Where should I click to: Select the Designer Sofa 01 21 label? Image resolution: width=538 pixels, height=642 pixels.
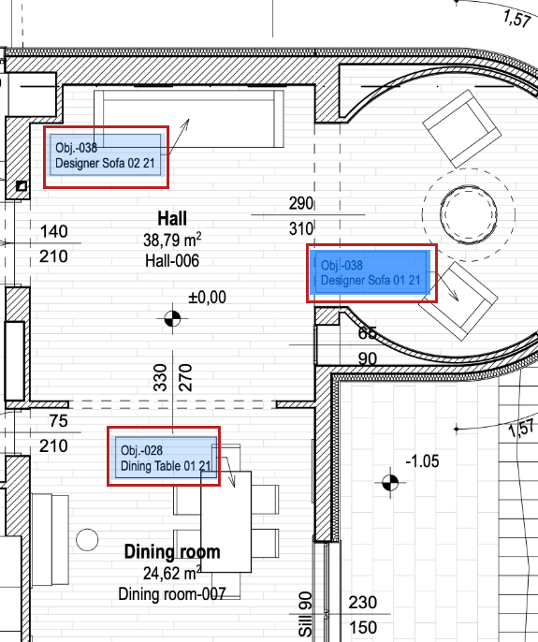pyautogui.click(x=371, y=272)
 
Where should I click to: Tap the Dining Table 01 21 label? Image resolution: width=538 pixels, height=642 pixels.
pyautogui.click(x=166, y=458)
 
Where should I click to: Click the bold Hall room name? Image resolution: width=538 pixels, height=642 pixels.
pyautogui.click(x=172, y=218)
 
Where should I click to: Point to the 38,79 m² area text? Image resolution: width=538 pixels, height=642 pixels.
pyautogui.click(x=172, y=240)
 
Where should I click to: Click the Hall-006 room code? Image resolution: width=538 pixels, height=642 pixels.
pyautogui.click(x=172, y=261)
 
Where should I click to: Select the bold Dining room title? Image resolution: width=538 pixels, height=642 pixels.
pyautogui.click(x=172, y=552)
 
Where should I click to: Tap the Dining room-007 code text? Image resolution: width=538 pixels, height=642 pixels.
pyautogui.click(x=172, y=594)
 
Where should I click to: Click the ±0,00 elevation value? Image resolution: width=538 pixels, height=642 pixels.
pyautogui.click(x=207, y=298)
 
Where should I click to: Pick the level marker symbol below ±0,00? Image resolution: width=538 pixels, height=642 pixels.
pyautogui.click(x=172, y=318)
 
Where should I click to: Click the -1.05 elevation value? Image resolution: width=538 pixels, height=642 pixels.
pyautogui.click(x=422, y=461)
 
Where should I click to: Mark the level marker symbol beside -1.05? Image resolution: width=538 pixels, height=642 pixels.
pyautogui.click(x=390, y=483)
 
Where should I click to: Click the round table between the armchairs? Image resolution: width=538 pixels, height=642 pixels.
pyautogui.click(x=469, y=214)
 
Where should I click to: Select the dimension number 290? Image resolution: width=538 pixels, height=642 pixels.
pyautogui.click(x=301, y=203)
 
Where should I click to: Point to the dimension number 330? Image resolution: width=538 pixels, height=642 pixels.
pyautogui.click(x=160, y=377)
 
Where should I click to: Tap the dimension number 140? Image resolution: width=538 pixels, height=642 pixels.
pyautogui.click(x=53, y=232)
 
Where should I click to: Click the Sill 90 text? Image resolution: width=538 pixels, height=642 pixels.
pyautogui.click(x=305, y=614)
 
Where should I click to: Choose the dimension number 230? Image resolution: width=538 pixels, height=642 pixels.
pyautogui.click(x=363, y=603)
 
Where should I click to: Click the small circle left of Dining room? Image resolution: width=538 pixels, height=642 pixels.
pyautogui.click(x=87, y=540)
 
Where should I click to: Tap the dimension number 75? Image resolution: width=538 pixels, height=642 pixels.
pyautogui.click(x=58, y=421)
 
